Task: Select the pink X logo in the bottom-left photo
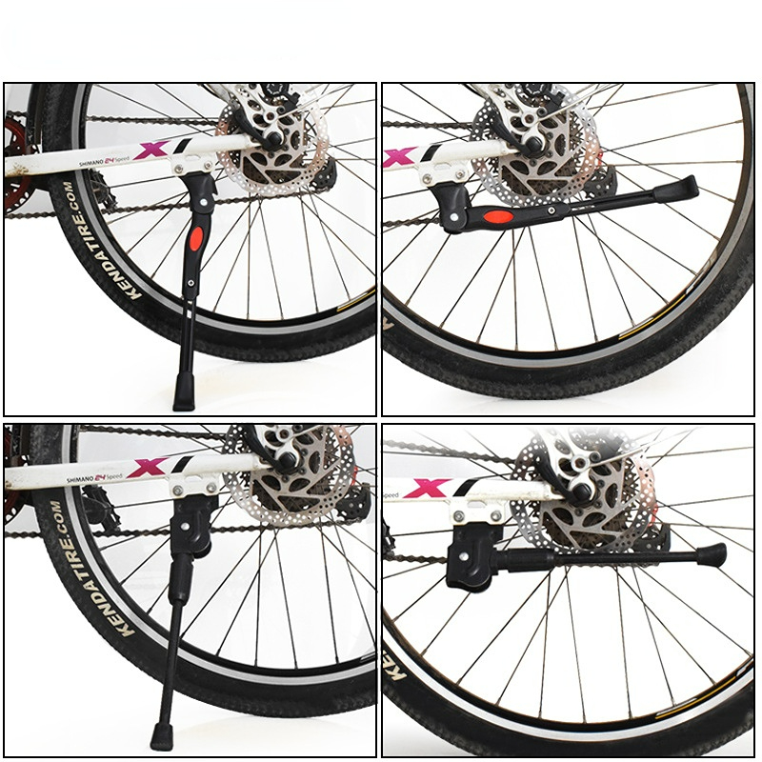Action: click(x=149, y=468)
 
